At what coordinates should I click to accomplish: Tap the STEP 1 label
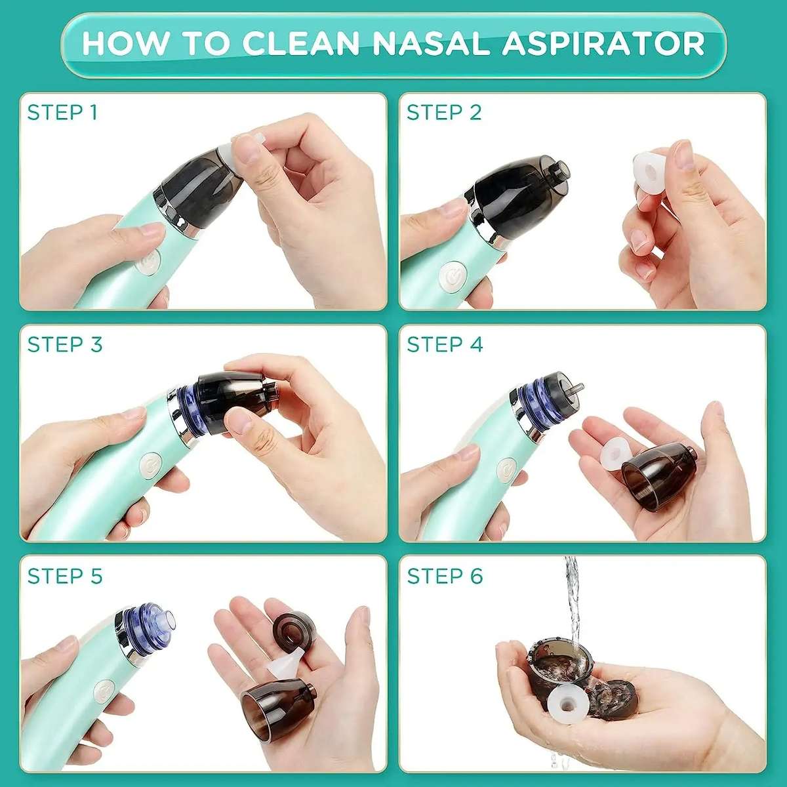(x=62, y=113)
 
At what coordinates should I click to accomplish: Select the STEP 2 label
(x=444, y=113)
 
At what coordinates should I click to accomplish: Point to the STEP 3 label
(x=65, y=344)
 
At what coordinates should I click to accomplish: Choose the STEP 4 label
(x=445, y=344)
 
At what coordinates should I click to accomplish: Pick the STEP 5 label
(x=65, y=576)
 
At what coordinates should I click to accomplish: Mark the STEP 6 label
(x=445, y=576)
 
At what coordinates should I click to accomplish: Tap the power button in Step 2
(x=452, y=276)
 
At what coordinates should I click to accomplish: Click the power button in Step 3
(x=151, y=468)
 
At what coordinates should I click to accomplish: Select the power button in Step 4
(x=506, y=470)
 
